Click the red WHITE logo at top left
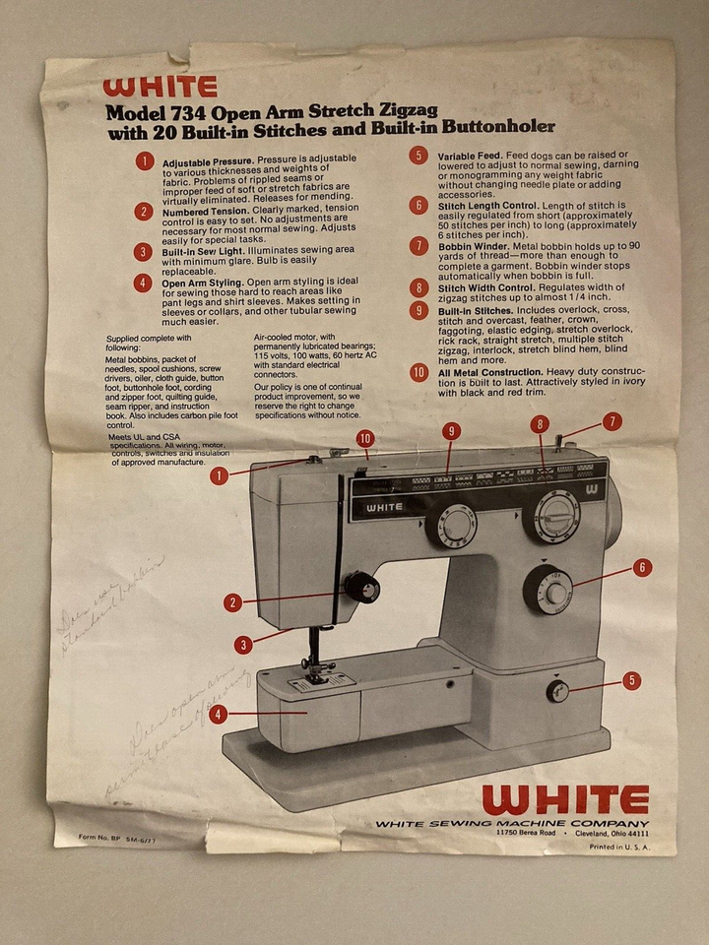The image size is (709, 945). coord(160,87)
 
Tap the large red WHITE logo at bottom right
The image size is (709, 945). coord(565,799)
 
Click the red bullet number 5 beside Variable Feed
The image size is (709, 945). coord(419,156)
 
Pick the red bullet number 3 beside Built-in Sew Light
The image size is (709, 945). coord(145,252)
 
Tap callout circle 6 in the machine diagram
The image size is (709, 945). coord(641,567)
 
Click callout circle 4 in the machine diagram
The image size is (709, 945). coord(219,715)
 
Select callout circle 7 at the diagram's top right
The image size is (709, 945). coord(612,421)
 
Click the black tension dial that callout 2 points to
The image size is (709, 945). coord(361,589)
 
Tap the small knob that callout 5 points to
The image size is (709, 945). coord(558,691)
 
